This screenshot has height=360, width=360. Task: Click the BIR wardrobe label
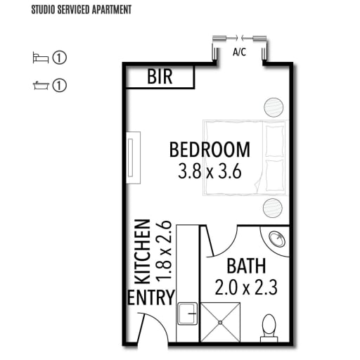click(x=160, y=77)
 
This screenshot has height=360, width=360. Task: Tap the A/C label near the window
click(x=239, y=52)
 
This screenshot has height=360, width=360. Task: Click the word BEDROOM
click(x=210, y=150)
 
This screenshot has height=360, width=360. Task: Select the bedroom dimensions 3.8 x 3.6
click(x=210, y=172)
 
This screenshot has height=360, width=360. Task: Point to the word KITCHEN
click(x=142, y=252)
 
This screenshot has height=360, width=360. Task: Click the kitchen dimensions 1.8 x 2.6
click(x=164, y=251)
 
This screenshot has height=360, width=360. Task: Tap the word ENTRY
click(x=151, y=297)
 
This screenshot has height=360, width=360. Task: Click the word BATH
click(x=246, y=266)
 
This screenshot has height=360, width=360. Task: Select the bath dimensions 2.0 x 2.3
click(x=246, y=288)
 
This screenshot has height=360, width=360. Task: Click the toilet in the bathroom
click(x=269, y=328)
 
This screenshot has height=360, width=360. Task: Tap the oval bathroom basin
click(x=277, y=239)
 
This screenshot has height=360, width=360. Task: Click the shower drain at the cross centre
click(x=220, y=323)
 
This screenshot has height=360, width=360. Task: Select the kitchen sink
click(x=187, y=314)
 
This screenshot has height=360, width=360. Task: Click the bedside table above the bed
click(x=274, y=108)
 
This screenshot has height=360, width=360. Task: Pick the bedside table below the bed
click(x=273, y=208)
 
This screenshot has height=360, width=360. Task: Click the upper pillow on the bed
click(x=275, y=141)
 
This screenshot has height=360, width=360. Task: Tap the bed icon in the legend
click(x=41, y=58)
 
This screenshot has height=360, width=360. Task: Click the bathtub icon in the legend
click(x=41, y=86)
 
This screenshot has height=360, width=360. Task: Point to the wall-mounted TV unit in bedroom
click(x=133, y=157)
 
